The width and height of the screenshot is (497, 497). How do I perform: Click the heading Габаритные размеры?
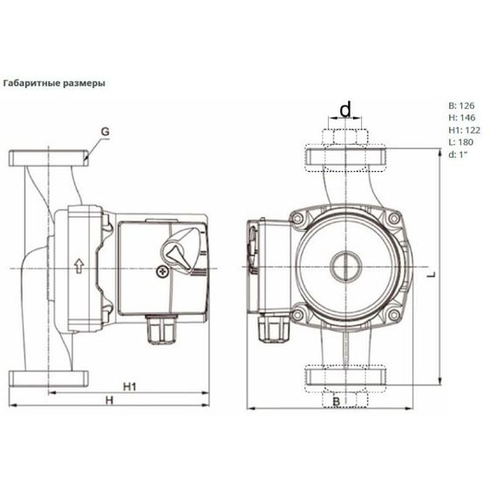(55, 85)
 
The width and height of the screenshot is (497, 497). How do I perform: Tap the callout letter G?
(104, 133)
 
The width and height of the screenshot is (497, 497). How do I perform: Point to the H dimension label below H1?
(109, 400)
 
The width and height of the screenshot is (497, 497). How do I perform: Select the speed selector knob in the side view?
(178, 254)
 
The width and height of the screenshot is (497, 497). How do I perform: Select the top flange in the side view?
(49, 160)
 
